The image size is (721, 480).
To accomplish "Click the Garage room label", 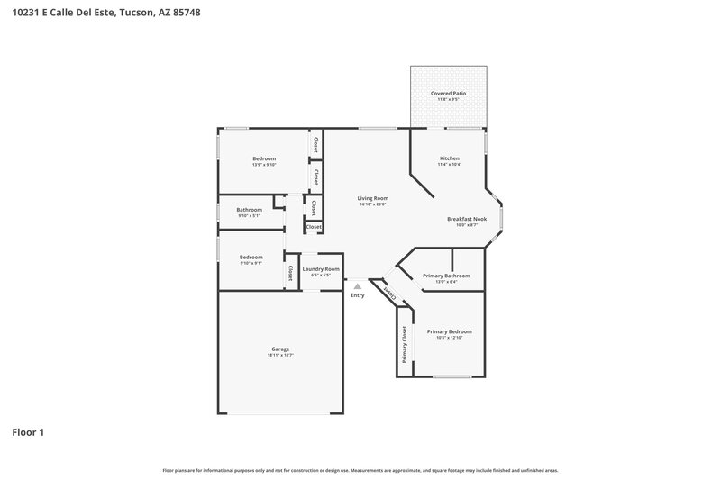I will (280, 349).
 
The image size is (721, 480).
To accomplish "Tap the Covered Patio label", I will (448, 93).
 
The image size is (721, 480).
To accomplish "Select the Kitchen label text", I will (449, 158).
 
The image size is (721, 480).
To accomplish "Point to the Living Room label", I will (372, 197).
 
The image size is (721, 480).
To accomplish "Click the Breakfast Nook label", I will (466, 219).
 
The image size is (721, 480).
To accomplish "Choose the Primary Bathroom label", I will (446, 276).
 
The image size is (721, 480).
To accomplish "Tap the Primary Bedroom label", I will (449, 331).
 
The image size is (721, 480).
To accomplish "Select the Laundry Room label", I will (321, 268).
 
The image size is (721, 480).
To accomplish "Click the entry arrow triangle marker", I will (357, 286).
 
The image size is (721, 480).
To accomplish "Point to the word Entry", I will (358, 295).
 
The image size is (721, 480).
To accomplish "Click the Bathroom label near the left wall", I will (250, 210).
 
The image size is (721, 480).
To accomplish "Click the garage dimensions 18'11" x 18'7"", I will (280, 355).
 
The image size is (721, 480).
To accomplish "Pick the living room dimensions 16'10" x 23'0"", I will (372, 204).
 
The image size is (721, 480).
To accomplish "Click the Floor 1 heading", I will (28, 432).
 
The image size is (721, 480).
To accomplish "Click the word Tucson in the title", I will (141, 12).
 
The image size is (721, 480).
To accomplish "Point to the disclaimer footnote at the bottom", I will (360, 470).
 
